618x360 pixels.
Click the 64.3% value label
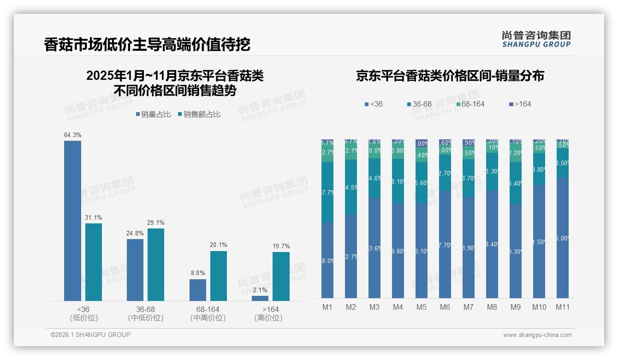pyautogui.click(x=72, y=135)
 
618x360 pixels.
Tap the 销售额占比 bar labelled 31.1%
pyautogui.click(x=94, y=262)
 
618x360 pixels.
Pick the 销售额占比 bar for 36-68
pyautogui.click(x=156, y=264)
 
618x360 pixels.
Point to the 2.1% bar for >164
pyautogui.click(x=260, y=298)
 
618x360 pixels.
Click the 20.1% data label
pyautogui.click(x=219, y=245)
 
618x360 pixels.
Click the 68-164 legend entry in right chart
pyautogui.click(x=470, y=104)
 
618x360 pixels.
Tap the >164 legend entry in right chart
pyautogui.click(x=520, y=104)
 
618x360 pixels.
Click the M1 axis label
pyautogui.click(x=327, y=307)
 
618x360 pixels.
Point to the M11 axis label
pyautogui.click(x=562, y=307)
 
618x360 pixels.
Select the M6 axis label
pyautogui.click(x=445, y=307)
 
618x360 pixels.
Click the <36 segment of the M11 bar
pyautogui.click(x=562, y=238)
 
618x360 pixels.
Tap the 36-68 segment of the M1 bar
pyautogui.click(x=327, y=192)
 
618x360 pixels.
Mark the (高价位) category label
pyautogui.click(x=268, y=318)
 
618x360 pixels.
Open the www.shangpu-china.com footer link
pyautogui.click(x=537, y=335)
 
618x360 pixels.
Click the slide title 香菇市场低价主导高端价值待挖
pyautogui.click(x=147, y=45)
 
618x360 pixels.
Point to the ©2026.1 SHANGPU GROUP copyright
pyautogui.click(x=90, y=335)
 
